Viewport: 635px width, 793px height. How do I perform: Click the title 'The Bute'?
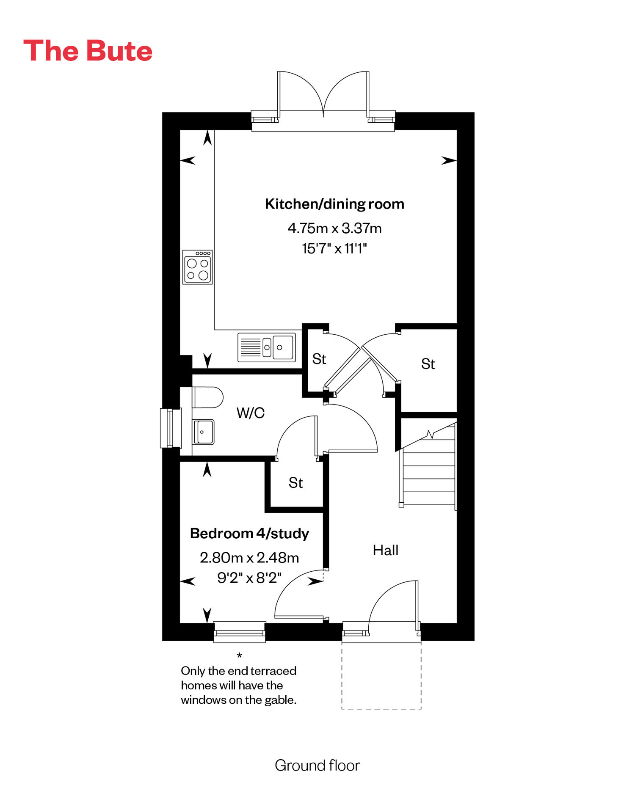[x=88, y=51]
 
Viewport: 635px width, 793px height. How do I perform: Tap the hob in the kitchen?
[x=197, y=267]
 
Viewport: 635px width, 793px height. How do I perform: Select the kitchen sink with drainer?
[x=267, y=347]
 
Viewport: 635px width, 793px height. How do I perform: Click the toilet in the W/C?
[x=207, y=397]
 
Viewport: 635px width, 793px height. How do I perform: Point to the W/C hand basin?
[x=203, y=432]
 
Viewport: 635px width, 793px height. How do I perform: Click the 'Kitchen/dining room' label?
[x=334, y=204]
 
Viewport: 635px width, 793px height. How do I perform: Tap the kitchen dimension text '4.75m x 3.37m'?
[x=334, y=228]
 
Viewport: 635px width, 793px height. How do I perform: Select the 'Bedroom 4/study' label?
[x=249, y=533]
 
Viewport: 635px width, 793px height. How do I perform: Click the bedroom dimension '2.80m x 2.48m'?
[x=249, y=558]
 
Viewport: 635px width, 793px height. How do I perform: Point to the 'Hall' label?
[x=386, y=550]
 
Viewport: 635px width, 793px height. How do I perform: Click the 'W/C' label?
[x=251, y=413]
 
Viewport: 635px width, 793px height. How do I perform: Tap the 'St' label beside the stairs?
[x=428, y=364]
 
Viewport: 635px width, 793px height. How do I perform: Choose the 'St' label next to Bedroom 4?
[x=296, y=483]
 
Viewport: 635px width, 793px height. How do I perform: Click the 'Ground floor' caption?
[x=317, y=765]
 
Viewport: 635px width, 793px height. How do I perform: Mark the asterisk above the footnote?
[x=240, y=656]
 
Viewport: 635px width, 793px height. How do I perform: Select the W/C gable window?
[x=171, y=428]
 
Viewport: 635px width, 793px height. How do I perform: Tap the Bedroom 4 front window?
[x=240, y=632]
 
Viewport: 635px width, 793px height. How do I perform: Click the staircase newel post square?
[x=401, y=504]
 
